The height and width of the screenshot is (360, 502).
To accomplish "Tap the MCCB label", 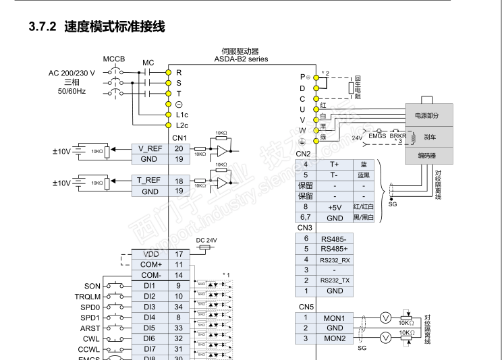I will pos(114,59).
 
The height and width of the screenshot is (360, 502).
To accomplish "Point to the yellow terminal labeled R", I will pos(169,72).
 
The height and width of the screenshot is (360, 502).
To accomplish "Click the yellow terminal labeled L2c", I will pos(169,125).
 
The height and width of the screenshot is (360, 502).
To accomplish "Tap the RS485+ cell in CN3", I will pos(335,249).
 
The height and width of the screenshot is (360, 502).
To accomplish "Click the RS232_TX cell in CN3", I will pos(335,280).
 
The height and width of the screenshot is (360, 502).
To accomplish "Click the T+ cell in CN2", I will pos(334,164).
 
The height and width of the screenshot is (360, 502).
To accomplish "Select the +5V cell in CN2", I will pos(334,207).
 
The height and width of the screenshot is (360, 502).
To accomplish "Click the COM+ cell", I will pos(150,265).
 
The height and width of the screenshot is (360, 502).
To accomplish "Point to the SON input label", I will pos(92,287).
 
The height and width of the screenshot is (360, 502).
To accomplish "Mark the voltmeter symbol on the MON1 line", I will pos(385,318).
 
